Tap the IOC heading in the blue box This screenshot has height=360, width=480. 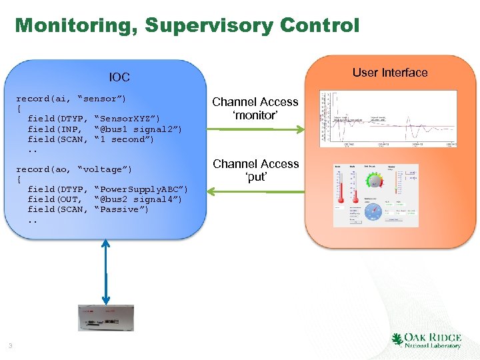[119, 77]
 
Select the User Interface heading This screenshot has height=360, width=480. [390, 73]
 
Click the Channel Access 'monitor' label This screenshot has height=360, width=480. [255, 109]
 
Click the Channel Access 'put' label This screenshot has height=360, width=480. [256, 170]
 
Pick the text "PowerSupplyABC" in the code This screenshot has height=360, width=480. [141, 189]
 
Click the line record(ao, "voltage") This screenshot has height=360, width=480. [74, 169]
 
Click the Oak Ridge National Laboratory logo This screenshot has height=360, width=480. [427, 340]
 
